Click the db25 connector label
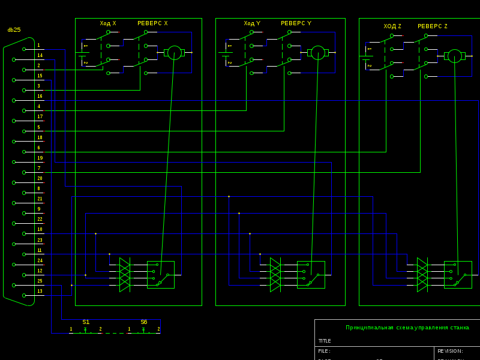coord(14,30)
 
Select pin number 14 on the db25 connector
coord(40,55)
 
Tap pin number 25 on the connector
coord(40,281)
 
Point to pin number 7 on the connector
coord(39,168)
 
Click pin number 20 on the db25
coord(40,178)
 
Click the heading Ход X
coord(108,23)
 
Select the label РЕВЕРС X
coord(152,23)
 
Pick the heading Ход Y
coord(252,23)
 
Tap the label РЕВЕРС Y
coord(296,23)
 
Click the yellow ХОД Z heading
coord(392,26)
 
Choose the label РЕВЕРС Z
coord(433,26)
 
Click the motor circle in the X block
coord(174,53)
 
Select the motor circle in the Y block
coord(318,53)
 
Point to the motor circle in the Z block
coord(455,56)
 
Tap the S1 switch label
coord(86,322)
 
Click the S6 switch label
coord(144,322)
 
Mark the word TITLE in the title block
coord(325,341)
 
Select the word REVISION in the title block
coord(450,351)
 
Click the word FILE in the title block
coord(324,351)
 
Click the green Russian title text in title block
coord(407,328)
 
